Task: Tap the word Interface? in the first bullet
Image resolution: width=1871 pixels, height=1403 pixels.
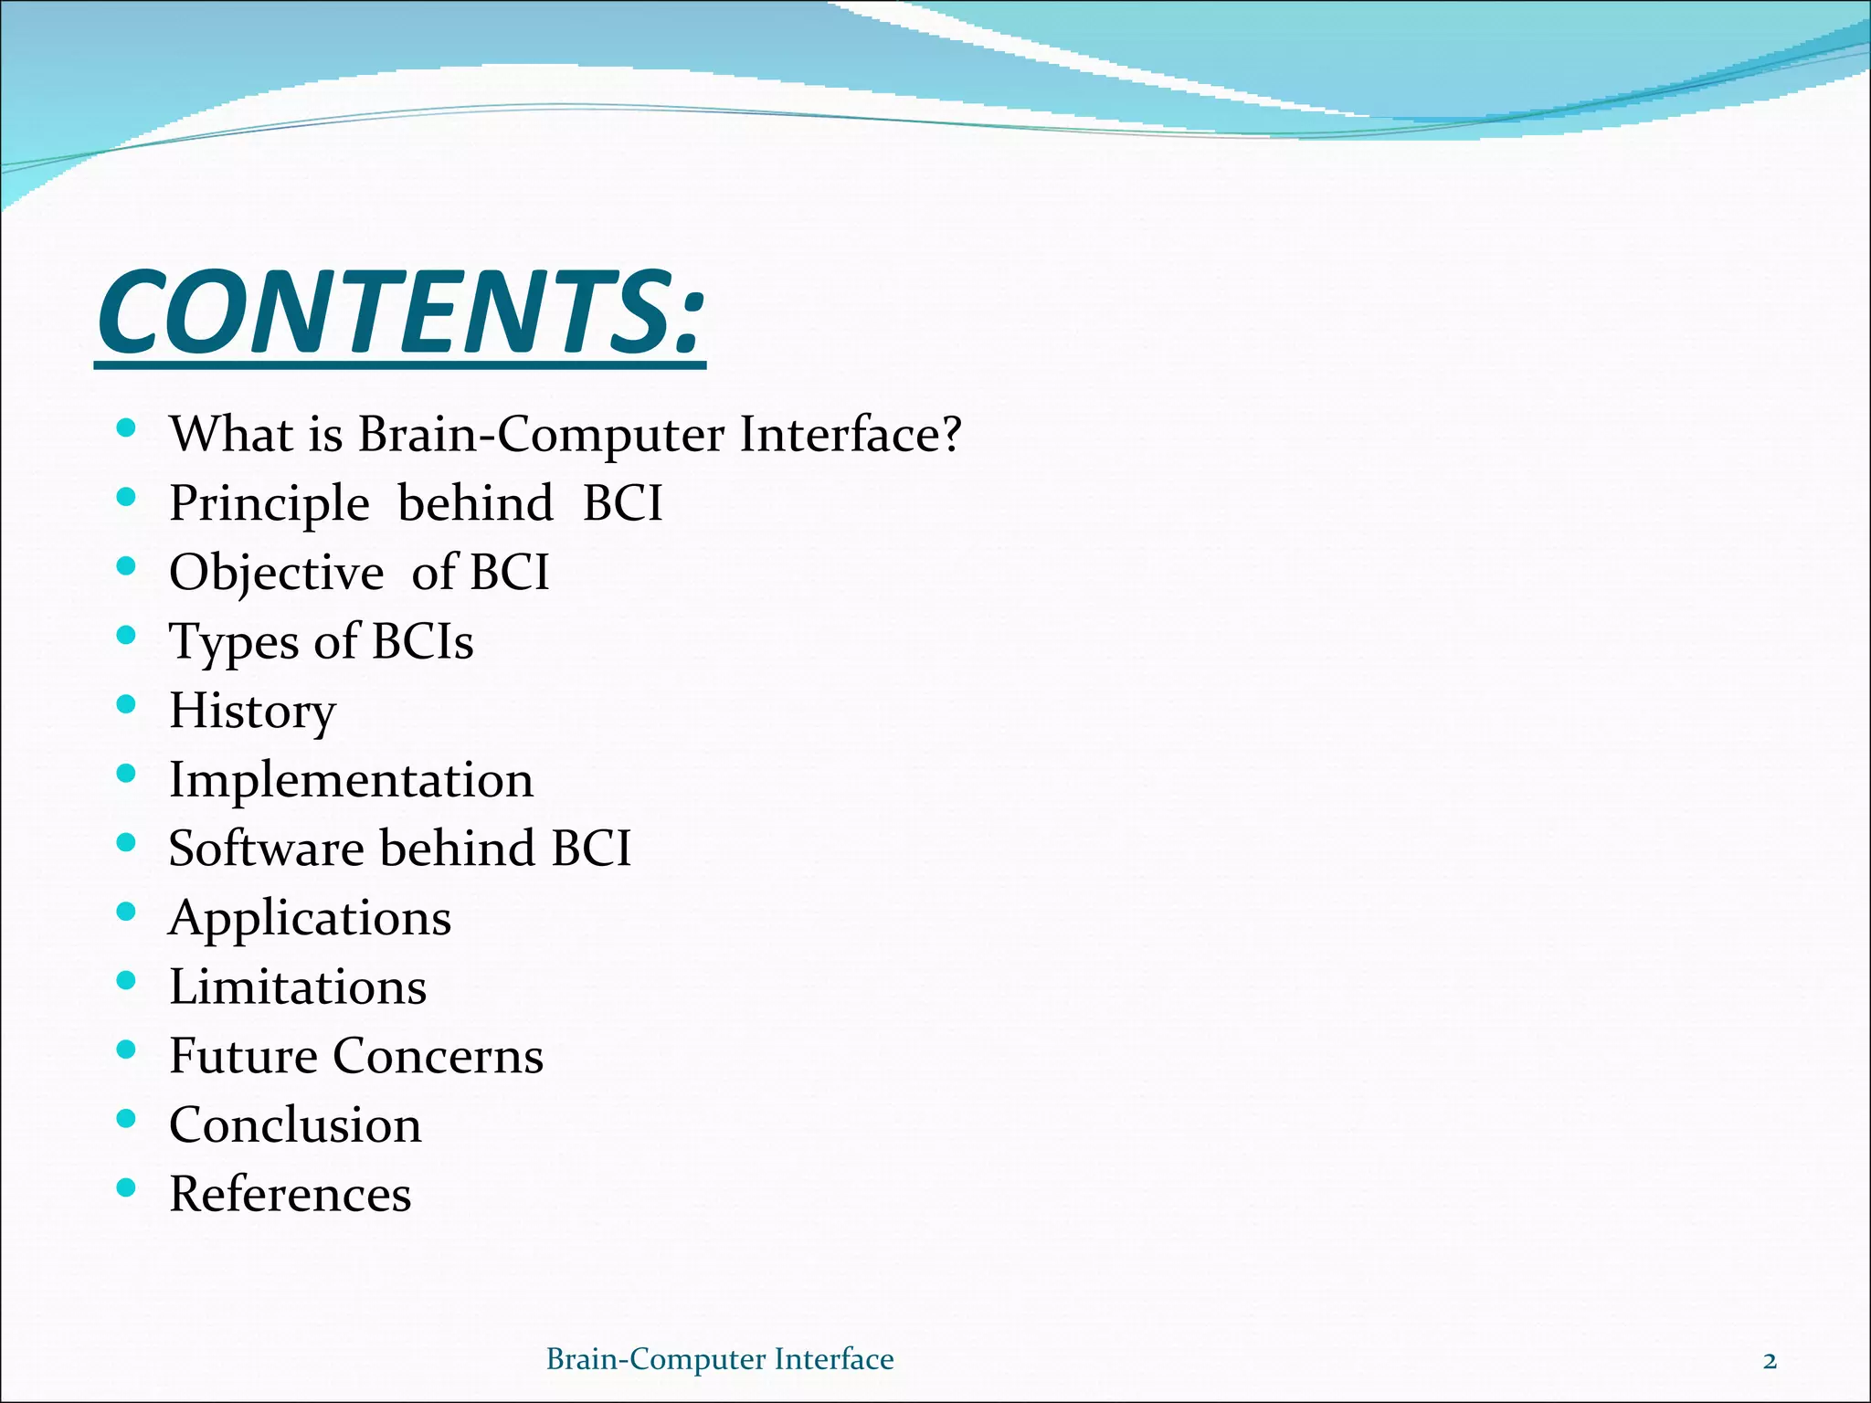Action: tap(850, 434)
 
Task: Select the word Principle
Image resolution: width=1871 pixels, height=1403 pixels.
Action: tap(270, 504)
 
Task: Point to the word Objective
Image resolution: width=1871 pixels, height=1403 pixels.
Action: tap(277, 574)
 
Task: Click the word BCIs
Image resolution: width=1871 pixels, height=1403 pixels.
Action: tap(423, 641)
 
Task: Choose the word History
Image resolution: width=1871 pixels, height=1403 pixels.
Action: tap(252, 712)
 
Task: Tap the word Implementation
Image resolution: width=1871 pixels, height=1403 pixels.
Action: tap(352, 781)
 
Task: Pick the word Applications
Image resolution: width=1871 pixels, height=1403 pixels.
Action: tap(311, 919)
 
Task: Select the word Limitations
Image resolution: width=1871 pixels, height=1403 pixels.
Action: tap(298, 987)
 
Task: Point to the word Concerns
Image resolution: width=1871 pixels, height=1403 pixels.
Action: tap(438, 1057)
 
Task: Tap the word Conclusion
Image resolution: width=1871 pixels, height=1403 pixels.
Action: tap(295, 1125)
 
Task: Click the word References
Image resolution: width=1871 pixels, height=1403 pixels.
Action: tap(291, 1195)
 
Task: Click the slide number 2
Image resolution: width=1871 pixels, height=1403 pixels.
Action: tap(1770, 1360)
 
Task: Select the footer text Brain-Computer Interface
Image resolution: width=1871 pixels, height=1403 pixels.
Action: tap(720, 1359)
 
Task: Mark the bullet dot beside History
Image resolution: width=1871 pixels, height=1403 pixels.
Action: tap(127, 705)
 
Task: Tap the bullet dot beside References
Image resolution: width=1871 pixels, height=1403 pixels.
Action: tap(127, 1188)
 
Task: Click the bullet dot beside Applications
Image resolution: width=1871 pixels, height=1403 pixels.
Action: tap(127, 912)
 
